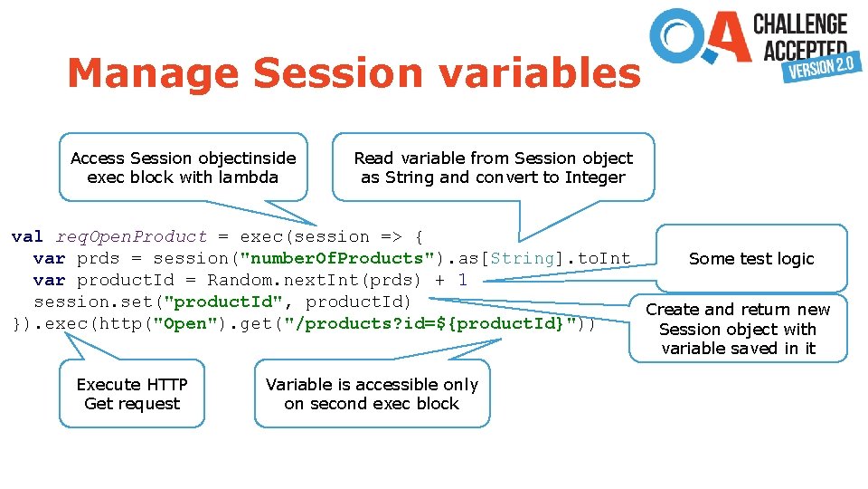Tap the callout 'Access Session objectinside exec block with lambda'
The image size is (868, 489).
pyautogui.click(x=183, y=168)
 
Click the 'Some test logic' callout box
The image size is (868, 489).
pyautogui.click(x=751, y=259)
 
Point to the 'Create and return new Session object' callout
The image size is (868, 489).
pyautogui.click(x=738, y=329)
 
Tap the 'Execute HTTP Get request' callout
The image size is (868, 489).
pyautogui.click(x=132, y=394)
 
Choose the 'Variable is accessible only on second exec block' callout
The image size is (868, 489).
pyautogui.click(x=372, y=394)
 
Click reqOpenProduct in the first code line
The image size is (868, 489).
pyautogui.click(x=132, y=237)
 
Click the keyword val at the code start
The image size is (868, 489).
pyautogui.click(x=27, y=237)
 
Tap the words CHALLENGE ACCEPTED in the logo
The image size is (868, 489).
pyautogui.click(x=800, y=34)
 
